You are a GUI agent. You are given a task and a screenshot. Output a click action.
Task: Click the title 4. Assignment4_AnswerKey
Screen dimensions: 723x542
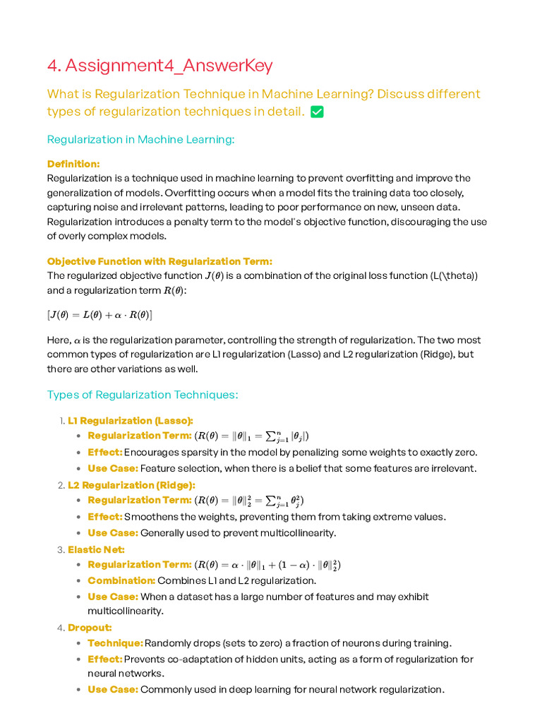click(159, 66)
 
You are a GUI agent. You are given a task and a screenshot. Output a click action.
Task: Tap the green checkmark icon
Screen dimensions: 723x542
click(317, 112)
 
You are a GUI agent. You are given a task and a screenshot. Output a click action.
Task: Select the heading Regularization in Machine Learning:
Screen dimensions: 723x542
click(140, 139)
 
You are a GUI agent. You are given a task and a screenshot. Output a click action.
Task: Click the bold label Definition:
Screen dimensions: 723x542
click(73, 164)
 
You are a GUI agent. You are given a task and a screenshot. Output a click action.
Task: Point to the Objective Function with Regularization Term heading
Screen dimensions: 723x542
click(159, 261)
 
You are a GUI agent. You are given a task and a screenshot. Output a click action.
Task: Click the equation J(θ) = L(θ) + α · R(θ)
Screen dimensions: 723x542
click(100, 314)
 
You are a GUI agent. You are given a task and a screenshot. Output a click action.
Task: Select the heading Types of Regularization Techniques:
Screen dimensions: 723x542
click(143, 395)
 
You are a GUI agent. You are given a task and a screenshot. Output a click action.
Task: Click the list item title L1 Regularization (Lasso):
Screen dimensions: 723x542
click(131, 421)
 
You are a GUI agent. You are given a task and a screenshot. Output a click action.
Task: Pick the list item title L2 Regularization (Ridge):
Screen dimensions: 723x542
click(131, 485)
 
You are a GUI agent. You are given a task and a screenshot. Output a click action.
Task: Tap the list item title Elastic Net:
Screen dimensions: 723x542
click(96, 549)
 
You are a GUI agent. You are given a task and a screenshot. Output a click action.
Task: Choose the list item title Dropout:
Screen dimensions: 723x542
click(90, 628)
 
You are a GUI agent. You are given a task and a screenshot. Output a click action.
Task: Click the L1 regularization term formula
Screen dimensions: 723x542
click(252, 436)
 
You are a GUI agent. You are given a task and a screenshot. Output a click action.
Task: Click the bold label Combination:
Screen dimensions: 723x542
click(121, 580)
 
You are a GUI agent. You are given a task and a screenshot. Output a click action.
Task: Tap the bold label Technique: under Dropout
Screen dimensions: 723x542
click(115, 643)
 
